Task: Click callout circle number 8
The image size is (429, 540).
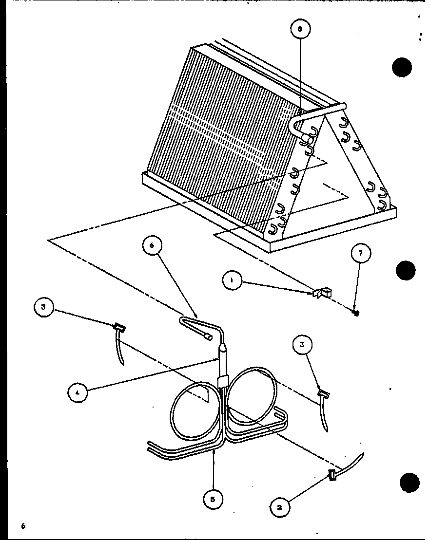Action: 300,29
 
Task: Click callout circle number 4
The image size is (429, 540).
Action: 77,392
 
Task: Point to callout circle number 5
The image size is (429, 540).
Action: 213,499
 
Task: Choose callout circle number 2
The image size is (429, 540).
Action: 279,506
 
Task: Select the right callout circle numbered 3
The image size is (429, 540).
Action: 302,345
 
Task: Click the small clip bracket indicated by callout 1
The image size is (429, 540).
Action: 322,293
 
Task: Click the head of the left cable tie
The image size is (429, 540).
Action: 119,326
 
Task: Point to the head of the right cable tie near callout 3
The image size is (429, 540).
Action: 323,393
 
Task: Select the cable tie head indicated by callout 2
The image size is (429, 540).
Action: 332,476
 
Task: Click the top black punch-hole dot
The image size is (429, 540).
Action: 402,68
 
